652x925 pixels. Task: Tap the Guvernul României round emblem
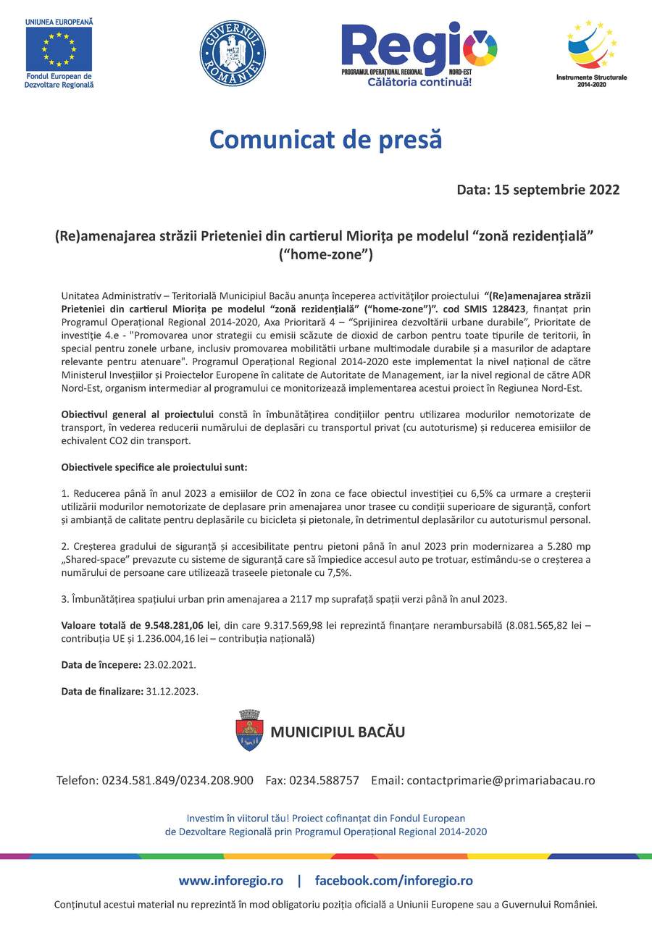(233, 53)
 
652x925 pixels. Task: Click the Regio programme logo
(419, 52)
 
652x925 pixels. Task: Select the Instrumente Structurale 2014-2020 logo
(591, 52)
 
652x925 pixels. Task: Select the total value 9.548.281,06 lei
(173, 625)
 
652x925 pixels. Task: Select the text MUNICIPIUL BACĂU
(338, 732)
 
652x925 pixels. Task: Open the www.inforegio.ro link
(231, 881)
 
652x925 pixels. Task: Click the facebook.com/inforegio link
(393, 881)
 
